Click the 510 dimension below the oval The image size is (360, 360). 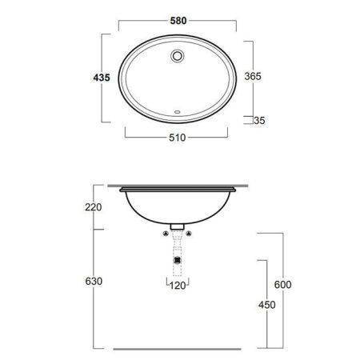point(180,138)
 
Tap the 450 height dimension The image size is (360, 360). point(267,305)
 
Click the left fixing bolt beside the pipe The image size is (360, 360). point(164,234)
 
